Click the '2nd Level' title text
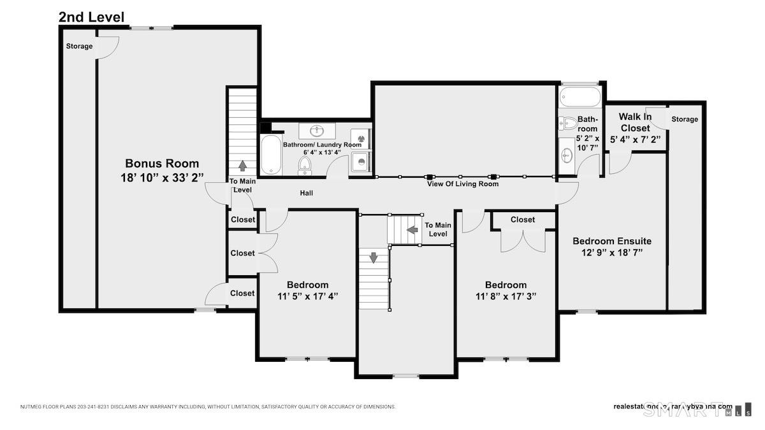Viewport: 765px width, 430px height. (x=91, y=17)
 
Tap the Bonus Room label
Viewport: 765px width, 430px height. (x=161, y=164)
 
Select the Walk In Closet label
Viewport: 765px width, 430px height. (x=634, y=122)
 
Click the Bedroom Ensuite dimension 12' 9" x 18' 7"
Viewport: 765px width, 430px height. (x=611, y=253)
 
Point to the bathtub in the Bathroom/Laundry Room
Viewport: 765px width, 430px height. (x=272, y=155)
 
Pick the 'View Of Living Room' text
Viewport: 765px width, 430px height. (x=463, y=184)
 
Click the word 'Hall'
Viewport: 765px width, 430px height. (x=307, y=193)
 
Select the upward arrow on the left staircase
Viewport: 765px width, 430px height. (x=243, y=166)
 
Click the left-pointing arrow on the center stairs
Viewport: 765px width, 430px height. (x=412, y=229)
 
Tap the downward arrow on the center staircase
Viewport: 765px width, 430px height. (x=374, y=258)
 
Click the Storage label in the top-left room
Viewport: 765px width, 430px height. (x=80, y=47)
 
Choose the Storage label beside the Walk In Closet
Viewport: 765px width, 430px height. (x=685, y=119)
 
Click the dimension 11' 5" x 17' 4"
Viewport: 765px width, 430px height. (x=307, y=296)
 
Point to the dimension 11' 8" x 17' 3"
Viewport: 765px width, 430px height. (x=506, y=296)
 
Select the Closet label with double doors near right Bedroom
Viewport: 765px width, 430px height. (x=523, y=220)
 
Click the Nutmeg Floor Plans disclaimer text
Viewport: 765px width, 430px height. (x=208, y=406)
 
